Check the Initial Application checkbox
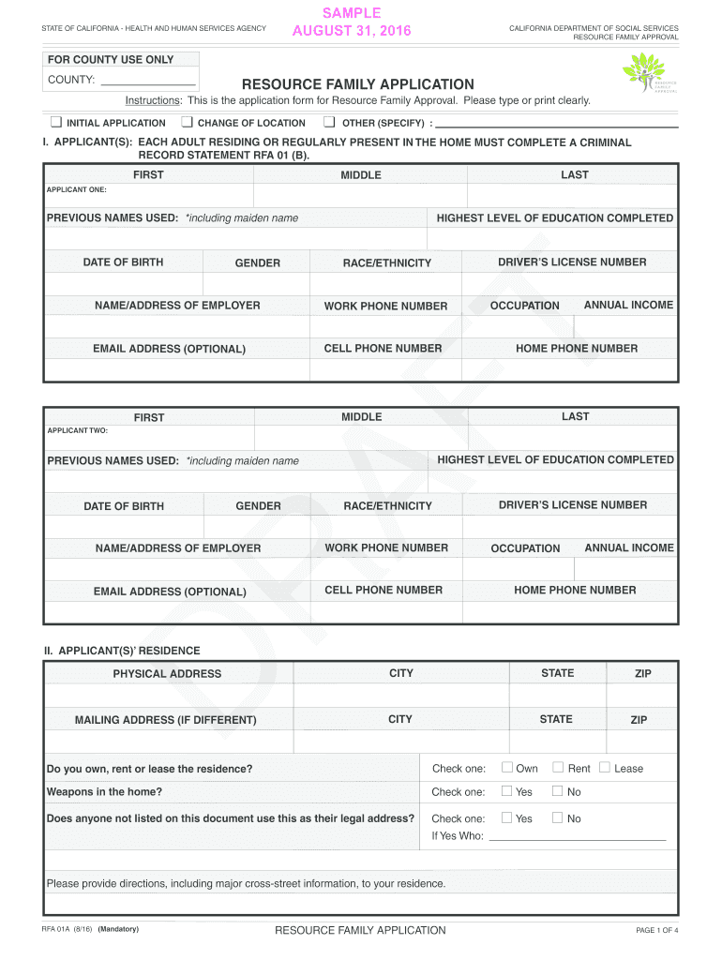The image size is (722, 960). (55, 122)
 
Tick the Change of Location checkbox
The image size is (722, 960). (187, 122)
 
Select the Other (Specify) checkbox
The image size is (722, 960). (329, 122)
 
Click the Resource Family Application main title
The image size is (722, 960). (358, 84)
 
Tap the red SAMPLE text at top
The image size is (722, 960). (352, 13)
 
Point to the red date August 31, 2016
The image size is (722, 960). (352, 33)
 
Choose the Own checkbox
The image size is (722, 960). (507, 768)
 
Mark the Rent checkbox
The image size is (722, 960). (558, 768)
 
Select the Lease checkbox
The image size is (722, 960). (605, 768)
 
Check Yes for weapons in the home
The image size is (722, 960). (507, 791)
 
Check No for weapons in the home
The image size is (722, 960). (558, 791)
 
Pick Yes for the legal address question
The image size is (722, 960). (507, 817)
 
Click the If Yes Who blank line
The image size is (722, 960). (577, 836)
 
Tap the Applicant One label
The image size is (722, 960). (77, 189)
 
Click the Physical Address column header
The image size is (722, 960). (167, 673)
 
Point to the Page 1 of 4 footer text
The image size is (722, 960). (656, 930)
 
